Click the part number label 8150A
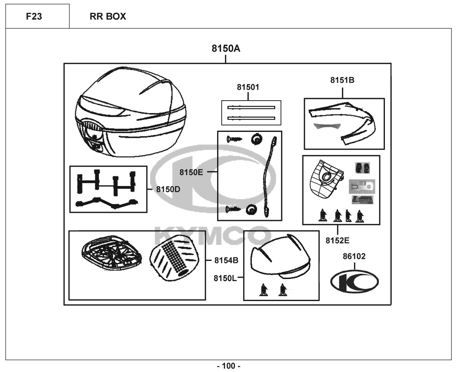tap(226, 49)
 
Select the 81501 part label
tap(248, 87)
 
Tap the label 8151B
tap(342, 80)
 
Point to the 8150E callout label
tap(191, 172)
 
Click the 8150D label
tap(168, 189)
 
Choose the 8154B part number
tap(226, 261)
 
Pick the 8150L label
tap(226, 278)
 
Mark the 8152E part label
tap(337, 241)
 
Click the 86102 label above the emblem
tap(354, 257)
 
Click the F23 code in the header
tap(37, 16)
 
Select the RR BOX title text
tap(108, 16)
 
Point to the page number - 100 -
tap(229, 366)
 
